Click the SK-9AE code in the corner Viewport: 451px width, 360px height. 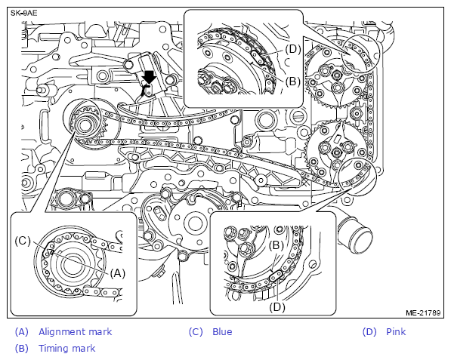pos(24,14)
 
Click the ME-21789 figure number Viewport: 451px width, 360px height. pos(423,312)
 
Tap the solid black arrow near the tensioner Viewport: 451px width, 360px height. pos(150,77)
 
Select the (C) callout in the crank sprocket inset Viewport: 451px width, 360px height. pos(23,241)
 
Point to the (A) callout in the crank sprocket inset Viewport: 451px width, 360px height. pos(118,273)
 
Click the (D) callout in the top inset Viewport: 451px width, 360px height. pos(293,49)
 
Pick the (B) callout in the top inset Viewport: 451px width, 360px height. pos(293,82)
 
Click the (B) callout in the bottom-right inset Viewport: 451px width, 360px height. pos(276,245)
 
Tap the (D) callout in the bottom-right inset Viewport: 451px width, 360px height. pos(277,307)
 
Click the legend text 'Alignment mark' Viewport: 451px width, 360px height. pos(75,332)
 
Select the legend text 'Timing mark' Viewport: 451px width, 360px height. pos(66,349)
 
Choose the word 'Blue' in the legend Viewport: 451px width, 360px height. pos(222,332)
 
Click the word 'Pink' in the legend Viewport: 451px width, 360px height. pos(396,332)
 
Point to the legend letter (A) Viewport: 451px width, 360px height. pos(22,332)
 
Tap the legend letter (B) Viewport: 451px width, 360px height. pos(22,349)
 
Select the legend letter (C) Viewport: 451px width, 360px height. pos(196,332)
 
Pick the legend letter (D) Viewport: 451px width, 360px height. pos(369,332)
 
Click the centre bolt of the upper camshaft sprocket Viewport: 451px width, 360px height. pos(336,76)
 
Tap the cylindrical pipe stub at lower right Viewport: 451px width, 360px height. pos(356,235)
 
